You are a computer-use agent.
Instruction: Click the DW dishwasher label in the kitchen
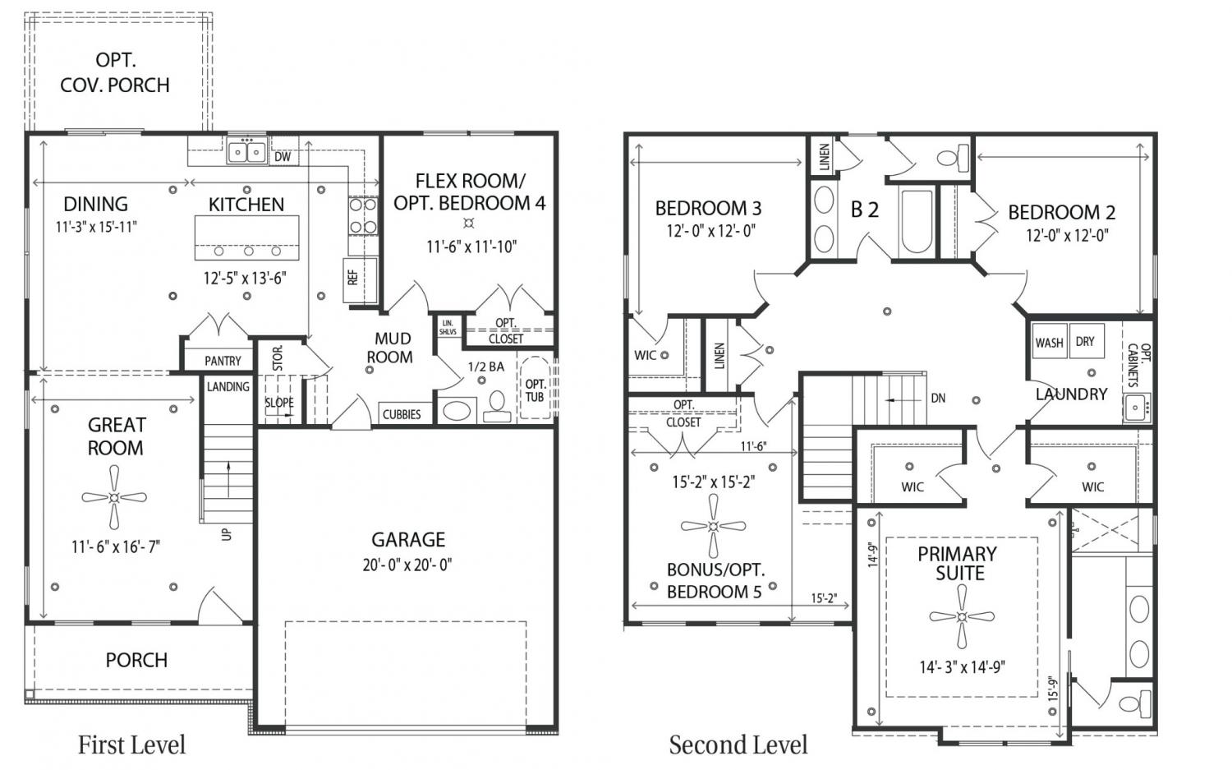pyautogui.click(x=283, y=157)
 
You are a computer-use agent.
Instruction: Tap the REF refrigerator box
pyautogui.click(x=361, y=279)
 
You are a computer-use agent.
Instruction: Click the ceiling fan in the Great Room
pyautogui.click(x=114, y=497)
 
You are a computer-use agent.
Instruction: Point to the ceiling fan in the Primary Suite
pyautogui.click(x=962, y=616)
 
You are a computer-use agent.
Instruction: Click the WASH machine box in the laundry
pyautogui.click(x=1049, y=341)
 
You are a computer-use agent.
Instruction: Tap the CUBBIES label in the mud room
pyautogui.click(x=402, y=414)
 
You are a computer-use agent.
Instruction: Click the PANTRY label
pyautogui.click(x=223, y=361)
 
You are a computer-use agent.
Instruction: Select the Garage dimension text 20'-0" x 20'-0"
pyautogui.click(x=407, y=565)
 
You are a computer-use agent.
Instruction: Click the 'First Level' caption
pyautogui.click(x=131, y=745)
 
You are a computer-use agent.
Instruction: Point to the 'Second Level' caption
pyautogui.click(x=738, y=745)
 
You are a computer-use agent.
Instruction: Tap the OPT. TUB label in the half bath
pyautogui.click(x=536, y=390)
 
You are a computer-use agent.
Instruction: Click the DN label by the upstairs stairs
pyautogui.click(x=938, y=398)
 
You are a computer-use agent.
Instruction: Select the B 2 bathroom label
pyautogui.click(x=865, y=210)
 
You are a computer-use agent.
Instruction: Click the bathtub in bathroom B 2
pyautogui.click(x=917, y=221)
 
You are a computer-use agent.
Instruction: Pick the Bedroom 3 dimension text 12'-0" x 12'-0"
pyautogui.click(x=710, y=230)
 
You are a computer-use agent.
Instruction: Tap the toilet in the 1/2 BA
pyautogui.click(x=497, y=406)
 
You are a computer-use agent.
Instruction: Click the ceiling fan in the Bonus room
pyautogui.click(x=714, y=526)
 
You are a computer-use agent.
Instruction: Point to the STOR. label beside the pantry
pyautogui.click(x=278, y=357)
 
